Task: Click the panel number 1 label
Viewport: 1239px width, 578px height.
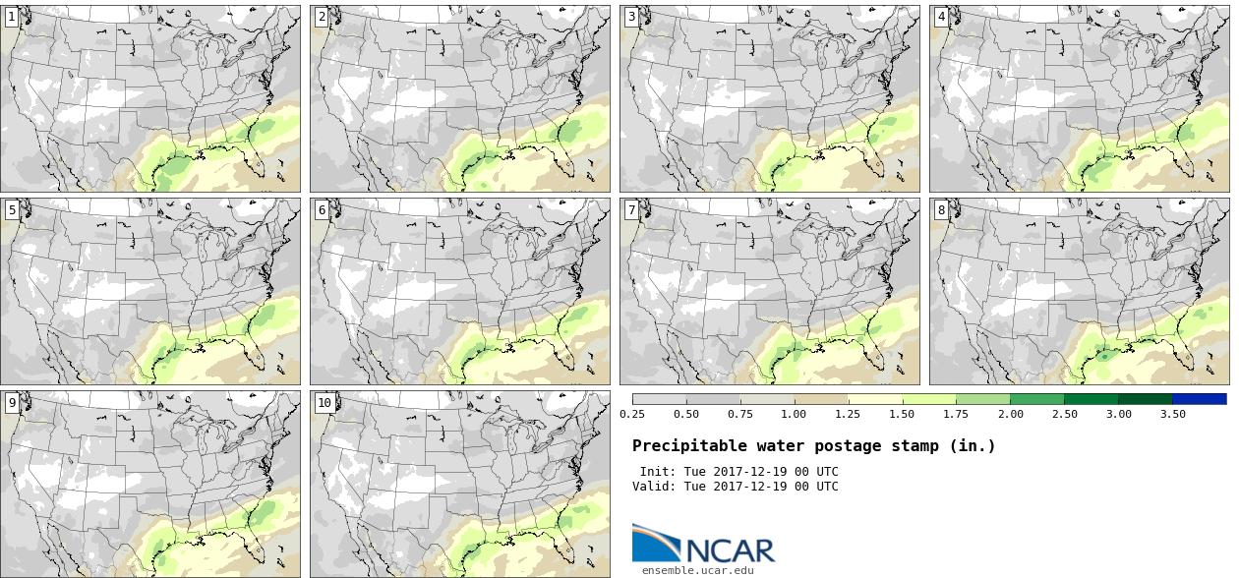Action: pyautogui.click(x=11, y=17)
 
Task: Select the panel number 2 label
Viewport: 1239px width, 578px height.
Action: pyautogui.click(x=321, y=17)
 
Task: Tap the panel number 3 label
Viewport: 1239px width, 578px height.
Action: pyautogui.click(x=630, y=17)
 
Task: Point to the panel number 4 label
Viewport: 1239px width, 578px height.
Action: pyautogui.click(x=941, y=17)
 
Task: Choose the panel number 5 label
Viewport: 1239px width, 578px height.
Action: pyautogui.click(x=11, y=209)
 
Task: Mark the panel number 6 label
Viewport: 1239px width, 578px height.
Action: pyautogui.click(x=321, y=209)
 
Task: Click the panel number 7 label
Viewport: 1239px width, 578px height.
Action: pyautogui.click(x=630, y=209)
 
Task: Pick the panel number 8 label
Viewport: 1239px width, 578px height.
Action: pyautogui.click(x=941, y=209)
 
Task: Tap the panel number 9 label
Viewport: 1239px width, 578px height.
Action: pyautogui.click(x=11, y=402)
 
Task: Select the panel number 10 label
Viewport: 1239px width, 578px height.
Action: pyautogui.click(x=324, y=402)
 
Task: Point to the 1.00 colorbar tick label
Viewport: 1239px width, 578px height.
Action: pyautogui.click(x=794, y=414)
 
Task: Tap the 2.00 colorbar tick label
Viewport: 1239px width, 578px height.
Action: pyautogui.click(x=1010, y=414)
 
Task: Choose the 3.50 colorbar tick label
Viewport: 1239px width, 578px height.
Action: pyautogui.click(x=1172, y=414)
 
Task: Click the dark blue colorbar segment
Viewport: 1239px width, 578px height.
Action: pyautogui.click(x=1199, y=399)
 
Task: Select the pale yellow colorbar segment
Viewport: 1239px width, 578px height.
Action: pyautogui.click(x=874, y=399)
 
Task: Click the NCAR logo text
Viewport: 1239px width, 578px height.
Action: pyautogui.click(x=729, y=549)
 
